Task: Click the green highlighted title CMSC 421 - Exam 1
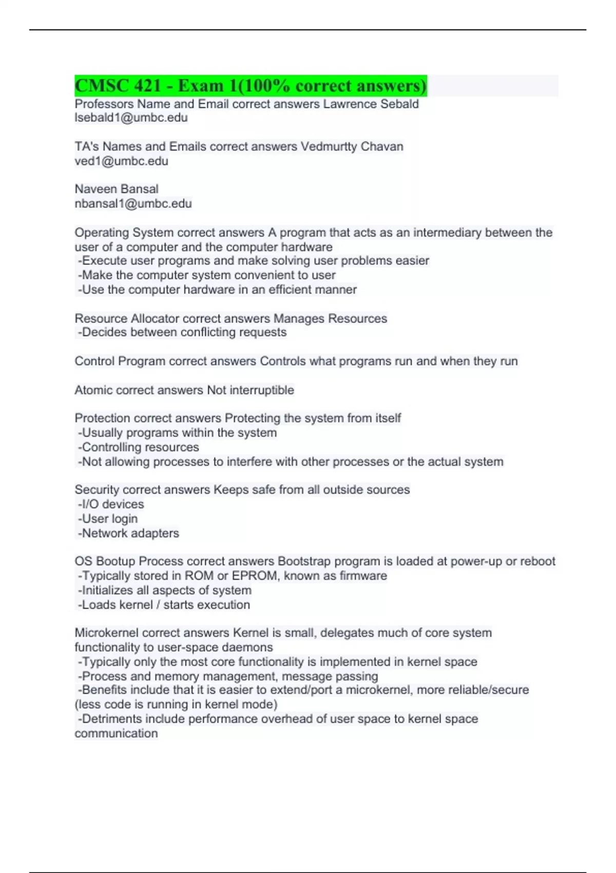click(x=251, y=86)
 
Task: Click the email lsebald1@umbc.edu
click(x=131, y=118)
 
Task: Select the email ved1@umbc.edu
click(x=121, y=161)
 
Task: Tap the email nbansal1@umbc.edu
click(x=133, y=204)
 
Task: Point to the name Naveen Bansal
click(x=117, y=189)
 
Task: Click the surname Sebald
click(x=399, y=104)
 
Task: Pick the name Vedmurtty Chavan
click(x=352, y=146)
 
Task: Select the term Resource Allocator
click(x=127, y=318)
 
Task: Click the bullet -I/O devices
click(x=111, y=504)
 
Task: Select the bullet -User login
click(x=108, y=519)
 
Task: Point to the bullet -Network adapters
click(x=128, y=533)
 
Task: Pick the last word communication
click(x=116, y=733)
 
